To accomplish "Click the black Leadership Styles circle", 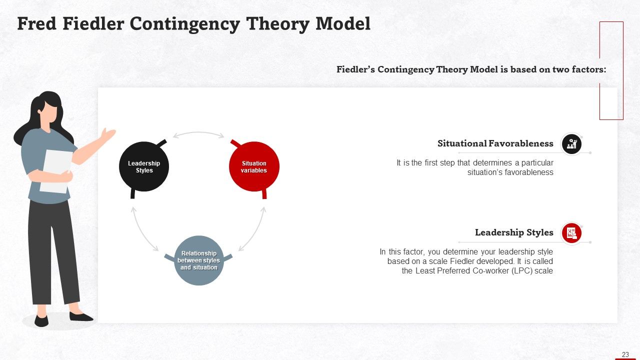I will click(x=144, y=166).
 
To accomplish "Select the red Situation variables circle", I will click(x=254, y=166).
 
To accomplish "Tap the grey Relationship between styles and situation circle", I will click(x=198, y=260).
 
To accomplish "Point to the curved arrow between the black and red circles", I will click(x=198, y=134).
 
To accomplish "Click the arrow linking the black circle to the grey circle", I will click(x=142, y=230).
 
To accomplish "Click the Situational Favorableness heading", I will click(x=495, y=143).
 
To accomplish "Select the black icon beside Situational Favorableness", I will click(x=571, y=144).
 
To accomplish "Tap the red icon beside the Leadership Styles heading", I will click(x=571, y=233).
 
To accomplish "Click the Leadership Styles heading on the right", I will click(x=514, y=232).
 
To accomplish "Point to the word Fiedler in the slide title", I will click(x=94, y=23).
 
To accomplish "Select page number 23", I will click(x=625, y=354).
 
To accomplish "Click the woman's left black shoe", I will click(x=41, y=320).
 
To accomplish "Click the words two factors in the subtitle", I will click(x=578, y=69).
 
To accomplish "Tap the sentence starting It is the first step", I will click(x=475, y=167).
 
